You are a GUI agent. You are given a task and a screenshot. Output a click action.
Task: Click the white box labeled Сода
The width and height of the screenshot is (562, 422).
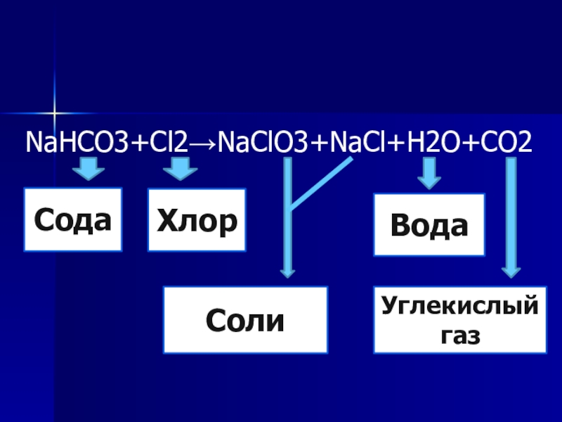tap(73, 219)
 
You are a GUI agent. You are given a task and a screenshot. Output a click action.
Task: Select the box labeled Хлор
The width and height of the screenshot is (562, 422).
tap(197, 219)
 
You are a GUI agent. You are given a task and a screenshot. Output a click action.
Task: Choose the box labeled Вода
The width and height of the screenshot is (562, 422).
tap(429, 226)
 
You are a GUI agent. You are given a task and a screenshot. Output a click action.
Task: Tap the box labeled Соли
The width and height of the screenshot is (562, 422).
tap(245, 320)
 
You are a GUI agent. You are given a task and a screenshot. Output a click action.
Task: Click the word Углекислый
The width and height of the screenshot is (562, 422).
tap(460, 307)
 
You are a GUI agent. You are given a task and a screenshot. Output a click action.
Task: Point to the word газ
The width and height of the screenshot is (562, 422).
tap(460, 335)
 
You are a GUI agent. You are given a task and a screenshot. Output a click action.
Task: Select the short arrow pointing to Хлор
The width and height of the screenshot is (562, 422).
tap(181, 170)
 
